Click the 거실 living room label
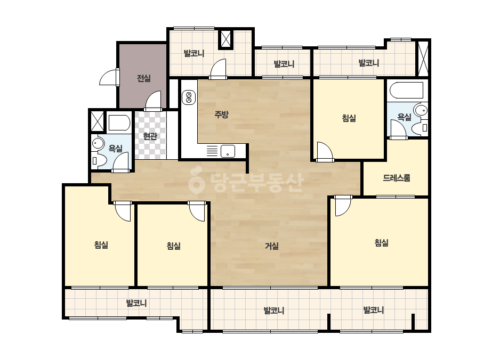click(x=272, y=246)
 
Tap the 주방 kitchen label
click(x=221, y=114)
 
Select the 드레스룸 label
click(x=397, y=178)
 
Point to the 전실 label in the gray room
click(x=144, y=78)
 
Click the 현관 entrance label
click(x=150, y=136)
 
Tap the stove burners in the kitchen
click(x=189, y=97)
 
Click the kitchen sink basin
click(x=228, y=151)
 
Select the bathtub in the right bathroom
click(x=406, y=91)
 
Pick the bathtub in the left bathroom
click(x=119, y=123)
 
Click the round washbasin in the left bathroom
click(x=98, y=144)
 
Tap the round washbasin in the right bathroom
click(x=421, y=110)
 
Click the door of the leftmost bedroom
click(x=123, y=211)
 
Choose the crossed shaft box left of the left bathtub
click(x=97, y=121)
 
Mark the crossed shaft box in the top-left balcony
click(x=225, y=39)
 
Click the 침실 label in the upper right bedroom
click(x=349, y=118)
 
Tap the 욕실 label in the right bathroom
click(x=404, y=117)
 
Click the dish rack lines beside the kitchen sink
click(x=212, y=151)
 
